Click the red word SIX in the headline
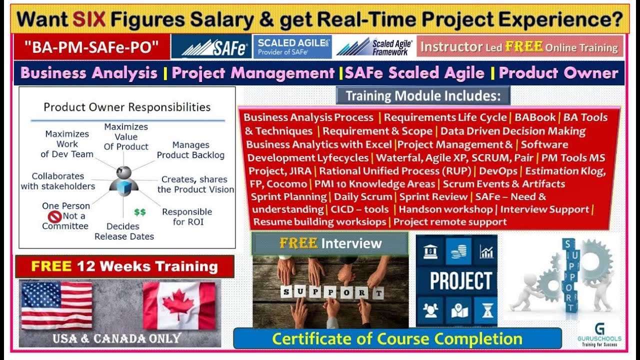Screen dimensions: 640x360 click(x=89, y=19)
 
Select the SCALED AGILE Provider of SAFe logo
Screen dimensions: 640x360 click(x=292, y=47)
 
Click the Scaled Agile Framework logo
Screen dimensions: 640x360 click(x=374, y=47)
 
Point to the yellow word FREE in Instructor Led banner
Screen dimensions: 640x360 click(x=523, y=47)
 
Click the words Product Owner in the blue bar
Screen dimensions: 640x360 click(x=558, y=73)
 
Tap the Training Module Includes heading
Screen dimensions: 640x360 click(x=423, y=95)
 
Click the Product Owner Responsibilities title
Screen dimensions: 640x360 click(x=127, y=107)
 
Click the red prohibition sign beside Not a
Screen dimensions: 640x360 click(x=55, y=216)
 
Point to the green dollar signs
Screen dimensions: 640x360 click(x=140, y=212)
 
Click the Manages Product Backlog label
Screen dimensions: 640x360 click(x=190, y=150)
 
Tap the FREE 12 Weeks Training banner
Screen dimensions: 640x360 click(x=124, y=266)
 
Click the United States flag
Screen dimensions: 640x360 click(x=56, y=305)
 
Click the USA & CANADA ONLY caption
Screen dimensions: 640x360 click(x=116, y=338)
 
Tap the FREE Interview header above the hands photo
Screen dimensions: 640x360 click(x=330, y=243)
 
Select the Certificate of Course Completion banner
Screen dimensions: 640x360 click(x=397, y=338)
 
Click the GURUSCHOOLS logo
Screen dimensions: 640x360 click(x=599, y=333)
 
